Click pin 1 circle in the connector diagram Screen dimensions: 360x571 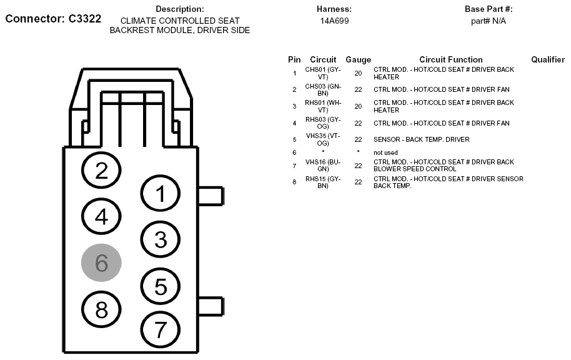(x=161, y=194)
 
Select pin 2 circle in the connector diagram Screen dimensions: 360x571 (x=102, y=171)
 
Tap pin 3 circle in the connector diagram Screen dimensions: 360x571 (x=161, y=239)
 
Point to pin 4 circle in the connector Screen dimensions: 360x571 (x=102, y=216)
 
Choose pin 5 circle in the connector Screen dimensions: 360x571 (x=161, y=286)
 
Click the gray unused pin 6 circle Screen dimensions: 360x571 (x=101, y=263)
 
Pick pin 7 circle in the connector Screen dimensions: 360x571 (x=161, y=329)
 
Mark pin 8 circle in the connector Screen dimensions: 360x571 (x=102, y=309)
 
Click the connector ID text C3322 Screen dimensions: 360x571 (x=81, y=19)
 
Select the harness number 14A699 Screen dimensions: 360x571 (x=334, y=21)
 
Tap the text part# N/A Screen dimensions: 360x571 (x=489, y=21)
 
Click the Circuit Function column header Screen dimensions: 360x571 (x=450, y=59)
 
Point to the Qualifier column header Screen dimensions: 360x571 (x=548, y=59)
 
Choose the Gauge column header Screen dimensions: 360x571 (x=358, y=59)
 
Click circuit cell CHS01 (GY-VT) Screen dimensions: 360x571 (x=322, y=73)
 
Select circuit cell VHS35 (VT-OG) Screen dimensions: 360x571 (x=322, y=139)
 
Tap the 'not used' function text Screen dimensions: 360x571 (x=385, y=152)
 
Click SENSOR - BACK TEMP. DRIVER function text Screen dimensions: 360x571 (x=421, y=139)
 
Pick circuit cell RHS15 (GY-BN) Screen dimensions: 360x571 (x=322, y=182)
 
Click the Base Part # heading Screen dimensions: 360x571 (x=489, y=9)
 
